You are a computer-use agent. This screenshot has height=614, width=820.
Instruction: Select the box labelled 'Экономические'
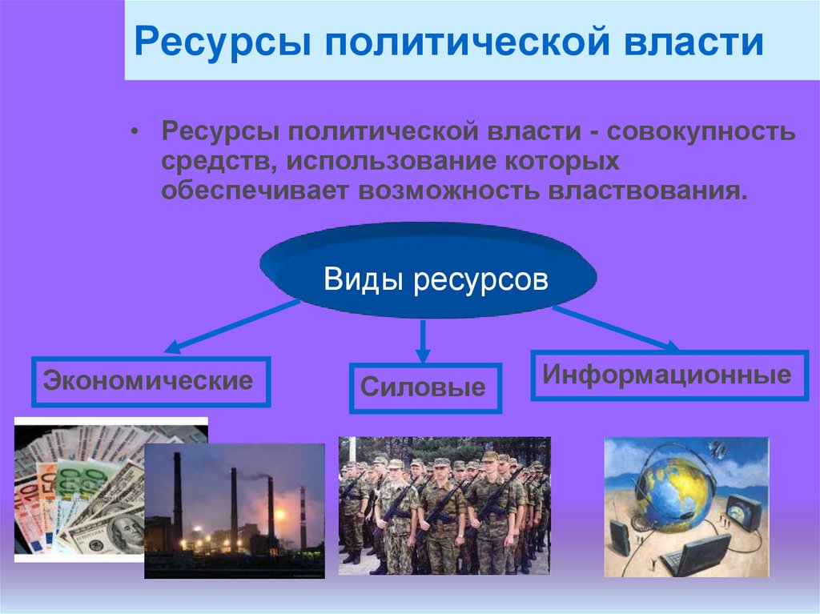[151, 381]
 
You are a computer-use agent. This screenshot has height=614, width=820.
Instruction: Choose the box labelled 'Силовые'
[424, 388]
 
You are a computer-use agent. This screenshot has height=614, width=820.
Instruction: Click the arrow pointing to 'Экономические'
[232, 327]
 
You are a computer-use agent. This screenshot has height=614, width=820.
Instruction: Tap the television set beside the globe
[744, 513]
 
